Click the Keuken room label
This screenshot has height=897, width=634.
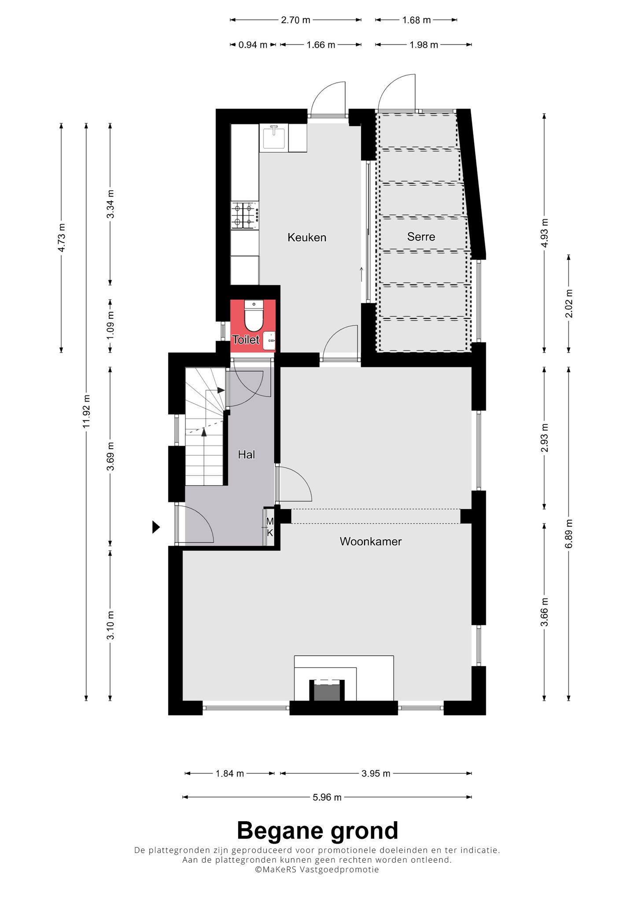(306, 237)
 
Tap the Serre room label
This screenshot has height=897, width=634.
(421, 236)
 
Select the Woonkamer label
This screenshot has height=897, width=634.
(370, 541)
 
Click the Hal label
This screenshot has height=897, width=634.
(246, 454)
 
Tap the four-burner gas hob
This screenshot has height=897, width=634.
(245, 215)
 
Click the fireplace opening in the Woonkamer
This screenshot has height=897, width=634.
(326, 691)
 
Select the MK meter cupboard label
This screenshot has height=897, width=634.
(270, 527)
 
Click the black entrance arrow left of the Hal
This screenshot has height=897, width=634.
(156, 527)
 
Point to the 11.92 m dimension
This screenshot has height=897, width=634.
(86, 410)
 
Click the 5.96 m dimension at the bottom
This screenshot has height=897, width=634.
(327, 797)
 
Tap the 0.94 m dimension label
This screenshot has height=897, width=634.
(253, 45)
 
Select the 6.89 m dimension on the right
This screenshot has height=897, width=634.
(569, 533)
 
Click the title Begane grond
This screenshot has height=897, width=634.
(317, 831)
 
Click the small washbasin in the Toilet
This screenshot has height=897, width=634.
(269, 340)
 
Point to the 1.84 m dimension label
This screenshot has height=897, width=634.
(229, 773)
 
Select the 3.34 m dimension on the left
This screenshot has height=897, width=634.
(111, 204)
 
